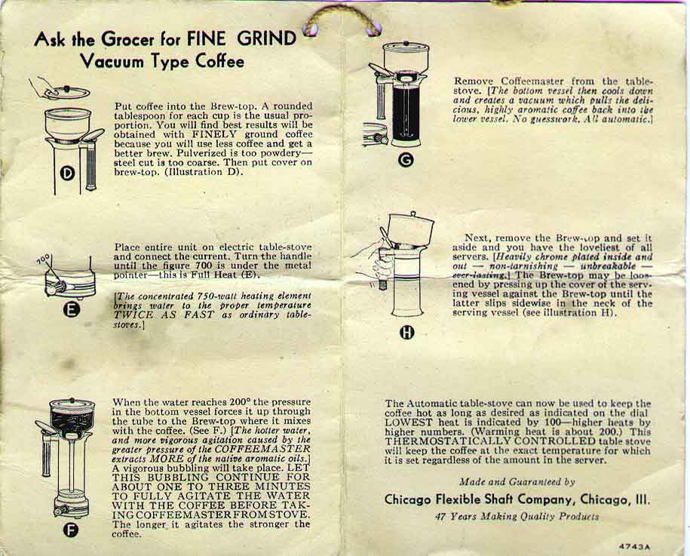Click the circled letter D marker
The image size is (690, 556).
[67, 174]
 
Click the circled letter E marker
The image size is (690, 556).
[72, 310]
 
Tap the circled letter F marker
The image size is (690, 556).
[71, 530]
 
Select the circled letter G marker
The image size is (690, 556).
[405, 160]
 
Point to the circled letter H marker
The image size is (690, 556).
[406, 333]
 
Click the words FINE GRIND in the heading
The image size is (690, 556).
[241, 38]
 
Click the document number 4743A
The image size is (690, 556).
[634, 547]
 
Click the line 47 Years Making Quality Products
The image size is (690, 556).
[517, 516]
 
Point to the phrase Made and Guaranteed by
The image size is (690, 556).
[517, 481]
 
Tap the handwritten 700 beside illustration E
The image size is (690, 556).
[44, 260]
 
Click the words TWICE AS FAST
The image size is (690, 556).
[164, 315]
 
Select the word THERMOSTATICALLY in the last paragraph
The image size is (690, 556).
[442, 441]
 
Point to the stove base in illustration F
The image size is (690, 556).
[72, 507]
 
